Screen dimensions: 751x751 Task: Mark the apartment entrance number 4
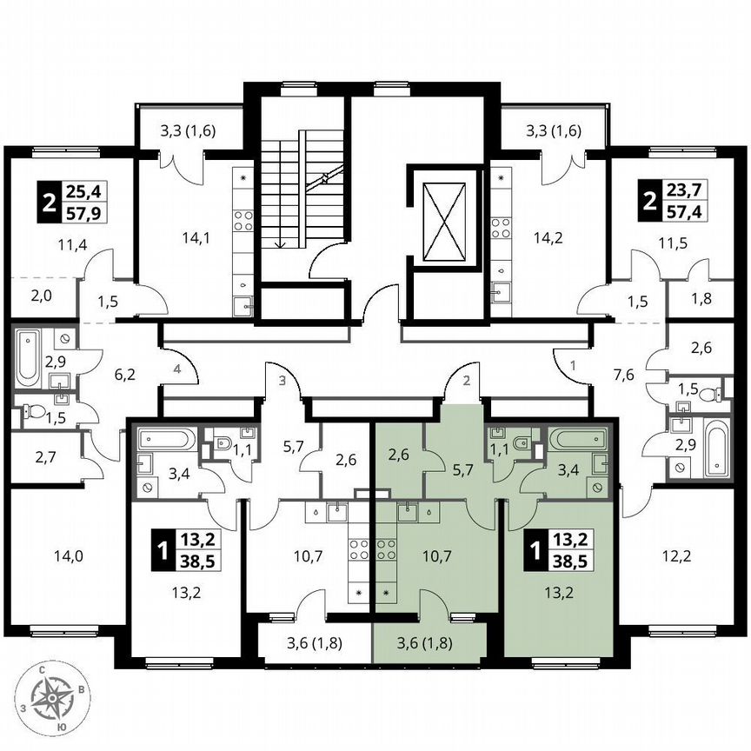[176, 370]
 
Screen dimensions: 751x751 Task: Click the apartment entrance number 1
[574, 365]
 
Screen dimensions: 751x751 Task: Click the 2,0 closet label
[42, 296]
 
